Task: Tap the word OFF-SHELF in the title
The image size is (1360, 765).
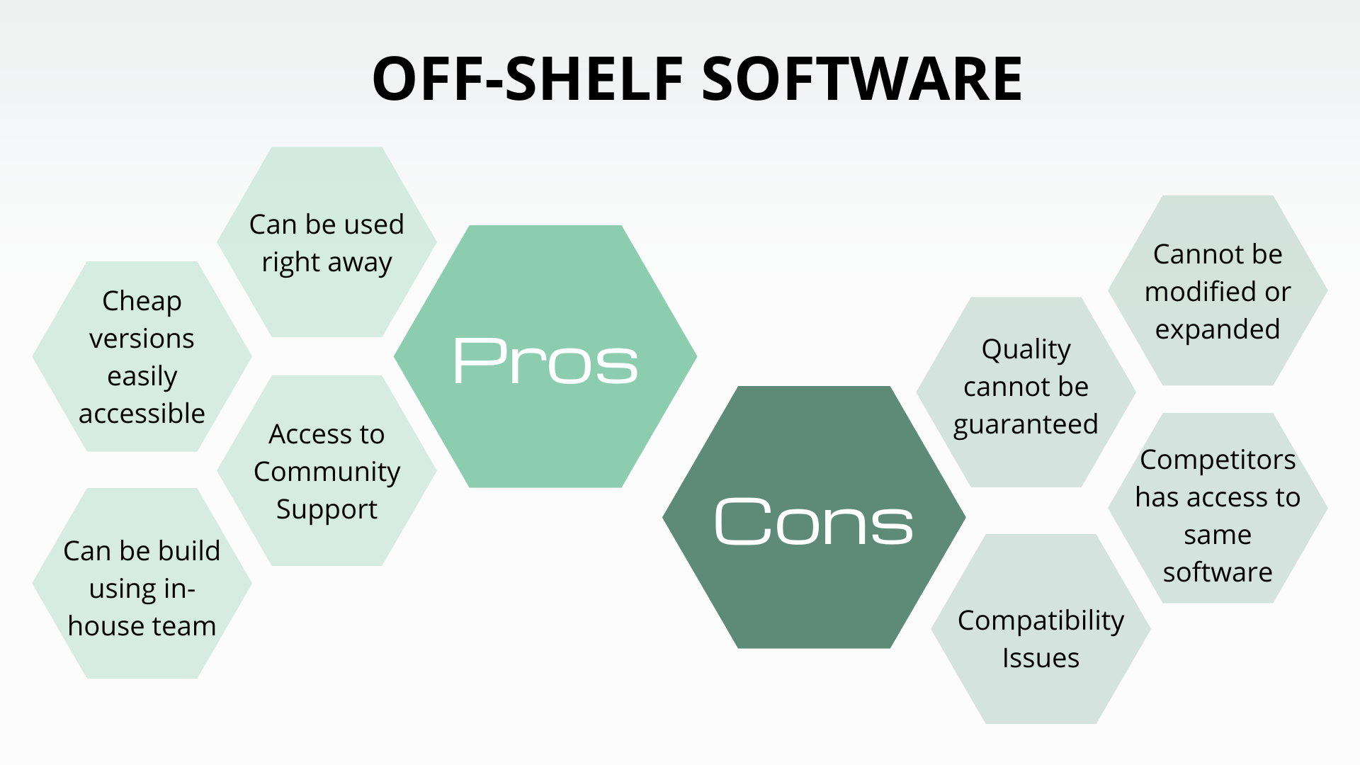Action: pos(528,79)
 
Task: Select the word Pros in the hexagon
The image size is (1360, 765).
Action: pos(545,361)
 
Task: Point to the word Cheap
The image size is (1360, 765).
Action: pos(142,301)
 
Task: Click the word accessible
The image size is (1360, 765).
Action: pos(142,414)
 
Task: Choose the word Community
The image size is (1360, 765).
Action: pos(327,472)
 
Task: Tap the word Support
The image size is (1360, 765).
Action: pos(327,509)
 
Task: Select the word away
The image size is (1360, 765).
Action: pos(360,263)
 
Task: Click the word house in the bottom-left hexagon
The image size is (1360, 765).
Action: pos(102,626)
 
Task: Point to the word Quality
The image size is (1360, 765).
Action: pos(1026,349)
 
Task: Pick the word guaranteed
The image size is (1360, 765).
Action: pos(1026,425)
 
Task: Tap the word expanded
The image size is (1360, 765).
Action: pos(1218,329)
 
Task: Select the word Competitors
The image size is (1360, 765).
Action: pos(1218,460)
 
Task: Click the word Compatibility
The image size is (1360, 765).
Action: pos(1041,620)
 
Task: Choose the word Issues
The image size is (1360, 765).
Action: pos(1041,658)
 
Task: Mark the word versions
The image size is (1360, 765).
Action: pos(142,339)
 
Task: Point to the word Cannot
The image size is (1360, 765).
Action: pos(1189,254)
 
